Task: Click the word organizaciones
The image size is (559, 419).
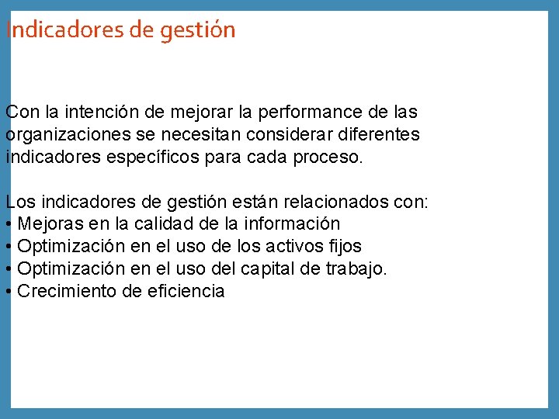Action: click(64, 134)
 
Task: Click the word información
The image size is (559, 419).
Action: click(292, 224)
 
